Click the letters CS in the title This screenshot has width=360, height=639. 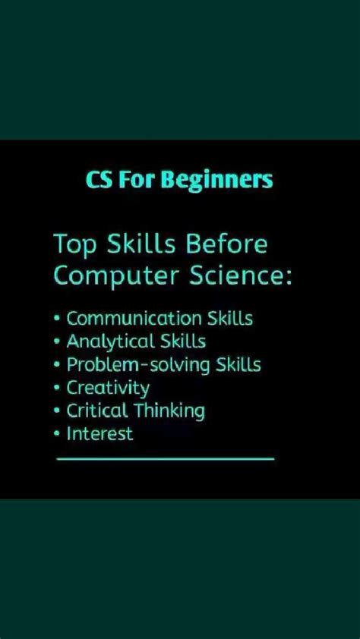coord(97,181)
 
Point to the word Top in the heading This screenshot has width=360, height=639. coord(74,246)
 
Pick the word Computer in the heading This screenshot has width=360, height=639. coord(103,277)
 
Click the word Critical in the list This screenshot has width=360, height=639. coord(96,411)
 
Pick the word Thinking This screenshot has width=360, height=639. coord(169,412)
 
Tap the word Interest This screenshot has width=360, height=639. coord(99,434)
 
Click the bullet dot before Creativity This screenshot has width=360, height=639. coord(58,389)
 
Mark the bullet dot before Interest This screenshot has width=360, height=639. coord(58,435)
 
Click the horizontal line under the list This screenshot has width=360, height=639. coord(165,458)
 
